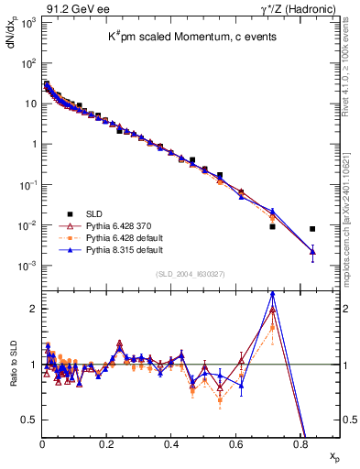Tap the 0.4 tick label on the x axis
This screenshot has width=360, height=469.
[171, 442]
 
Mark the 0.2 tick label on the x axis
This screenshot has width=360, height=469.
[107, 442]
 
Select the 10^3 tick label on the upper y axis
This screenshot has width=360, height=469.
[27, 22]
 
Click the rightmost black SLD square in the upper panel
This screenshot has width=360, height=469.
[312, 229]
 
